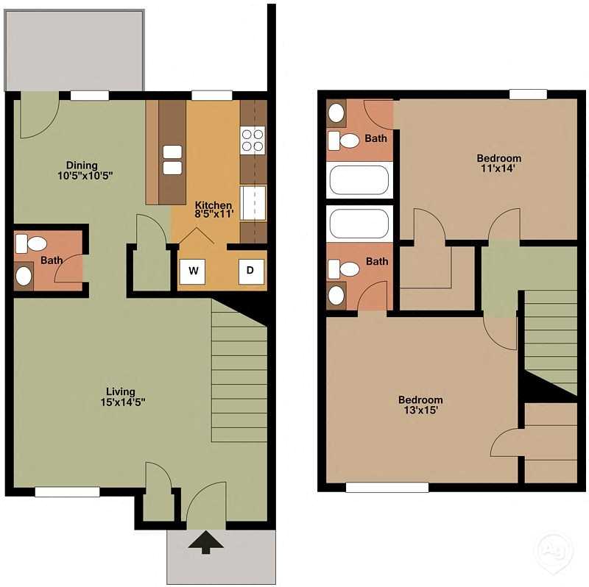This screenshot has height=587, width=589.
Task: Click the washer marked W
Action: click(x=194, y=271)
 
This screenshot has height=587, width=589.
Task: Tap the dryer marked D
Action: click(x=250, y=271)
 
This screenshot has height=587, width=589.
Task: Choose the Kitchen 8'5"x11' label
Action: click(x=214, y=210)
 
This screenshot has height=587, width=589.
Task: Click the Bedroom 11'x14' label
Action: click(x=498, y=163)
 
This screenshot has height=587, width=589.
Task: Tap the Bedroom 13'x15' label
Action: click(x=420, y=405)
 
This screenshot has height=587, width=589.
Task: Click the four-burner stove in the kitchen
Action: click(x=253, y=140)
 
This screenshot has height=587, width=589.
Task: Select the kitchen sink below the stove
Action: click(x=253, y=202)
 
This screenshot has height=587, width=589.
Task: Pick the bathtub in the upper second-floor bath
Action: click(x=358, y=180)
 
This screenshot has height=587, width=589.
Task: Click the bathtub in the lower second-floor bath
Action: click(x=358, y=224)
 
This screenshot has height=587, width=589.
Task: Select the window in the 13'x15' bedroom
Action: click(x=387, y=487)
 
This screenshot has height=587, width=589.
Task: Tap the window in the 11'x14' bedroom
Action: click(x=528, y=94)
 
